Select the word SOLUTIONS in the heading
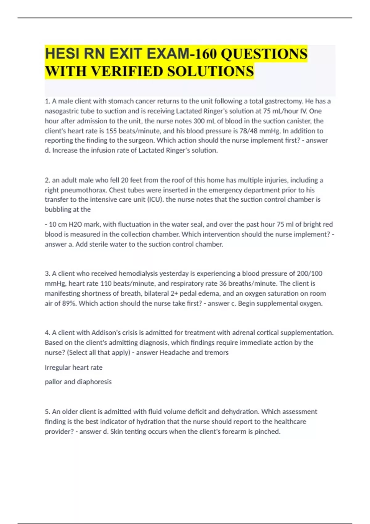211,72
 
